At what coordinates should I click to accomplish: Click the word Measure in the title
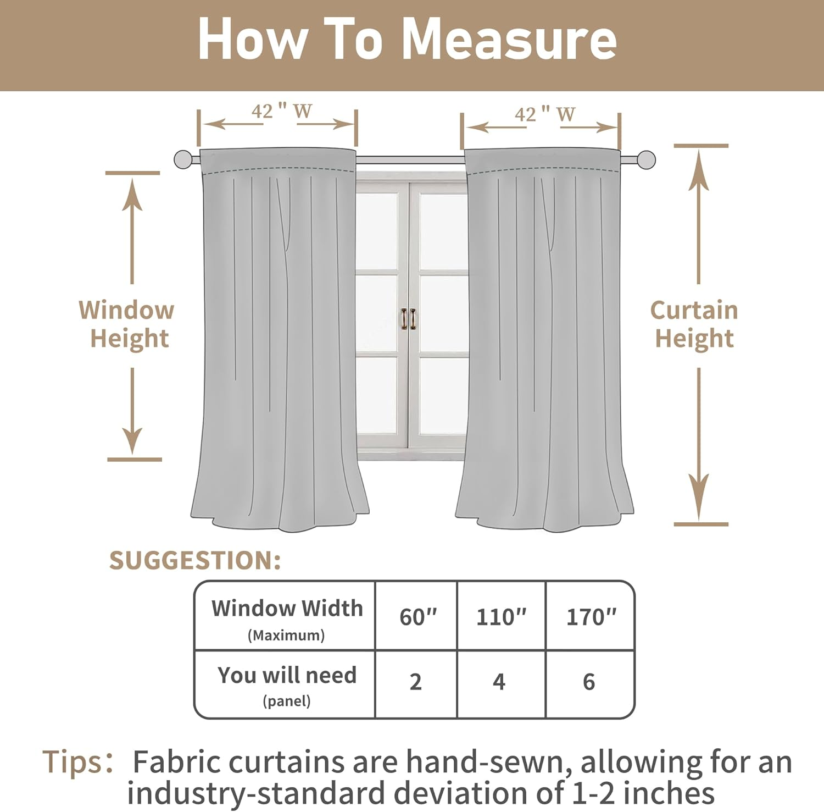[x=509, y=40]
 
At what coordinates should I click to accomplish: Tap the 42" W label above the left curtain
[x=281, y=112]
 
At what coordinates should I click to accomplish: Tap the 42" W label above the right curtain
[x=544, y=114]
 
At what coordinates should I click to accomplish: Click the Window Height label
[x=127, y=324]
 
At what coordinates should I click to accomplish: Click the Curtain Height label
[x=694, y=324]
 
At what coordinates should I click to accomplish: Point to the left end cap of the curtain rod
[x=183, y=160]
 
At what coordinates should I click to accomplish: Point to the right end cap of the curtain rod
[x=647, y=160]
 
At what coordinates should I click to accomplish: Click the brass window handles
[x=408, y=319]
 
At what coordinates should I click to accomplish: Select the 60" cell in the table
[x=417, y=617]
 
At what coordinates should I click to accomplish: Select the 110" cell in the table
[x=501, y=617]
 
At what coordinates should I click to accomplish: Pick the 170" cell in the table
[x=591, y=617]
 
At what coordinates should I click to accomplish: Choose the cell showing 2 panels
[x=416, y=682]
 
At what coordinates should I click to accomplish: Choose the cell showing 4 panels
[x=499, y=682]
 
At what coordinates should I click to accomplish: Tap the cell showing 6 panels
[x=589, y=682]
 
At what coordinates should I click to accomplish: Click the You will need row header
[x=287, y=683]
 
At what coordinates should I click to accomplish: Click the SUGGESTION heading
[x=195, y=561]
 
